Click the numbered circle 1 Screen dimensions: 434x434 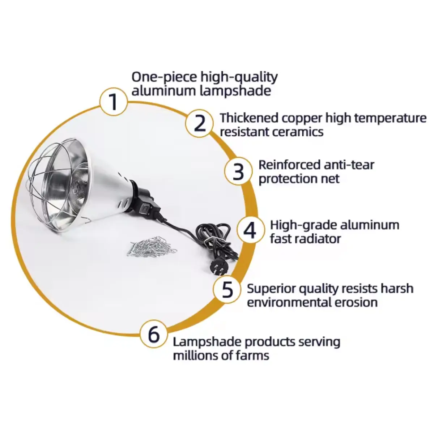click(114, 102)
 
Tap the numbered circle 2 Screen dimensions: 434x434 click(199, 123)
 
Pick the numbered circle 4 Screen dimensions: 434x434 click(250, 230)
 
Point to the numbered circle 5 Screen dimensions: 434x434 click(227, 289)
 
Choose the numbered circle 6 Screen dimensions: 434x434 click(154, 334)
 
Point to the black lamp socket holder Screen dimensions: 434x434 click(144, 198)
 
